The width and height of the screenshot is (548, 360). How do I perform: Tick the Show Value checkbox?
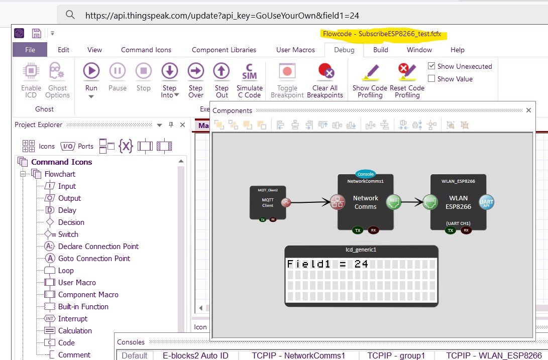(x=431, y=79)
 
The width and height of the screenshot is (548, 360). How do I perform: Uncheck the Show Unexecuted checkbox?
(x=431, y=66)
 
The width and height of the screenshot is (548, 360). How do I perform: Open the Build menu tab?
(x=380, y=50)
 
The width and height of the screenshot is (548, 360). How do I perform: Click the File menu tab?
(x=30, y=50)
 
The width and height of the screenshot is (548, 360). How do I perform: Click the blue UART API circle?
(x=487, y=202)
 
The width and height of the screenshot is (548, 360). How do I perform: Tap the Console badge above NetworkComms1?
(x=366, y=174)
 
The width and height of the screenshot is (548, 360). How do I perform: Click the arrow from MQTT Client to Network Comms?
(x=311, y=203)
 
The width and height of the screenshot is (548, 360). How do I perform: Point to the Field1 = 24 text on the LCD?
(x=327, y=264)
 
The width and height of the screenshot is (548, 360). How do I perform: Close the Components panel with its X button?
(x=528, y=110)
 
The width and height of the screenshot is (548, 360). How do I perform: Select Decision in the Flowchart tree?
(x=71, y=222)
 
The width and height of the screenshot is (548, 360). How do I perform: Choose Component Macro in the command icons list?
(x=88, y=295)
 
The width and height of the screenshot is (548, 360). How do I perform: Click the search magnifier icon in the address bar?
(x=71, y=15)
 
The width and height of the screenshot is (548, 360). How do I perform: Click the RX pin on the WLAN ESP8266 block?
(x=466, y=230)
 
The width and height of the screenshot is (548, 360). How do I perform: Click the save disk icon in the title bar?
(x=36, y=34)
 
